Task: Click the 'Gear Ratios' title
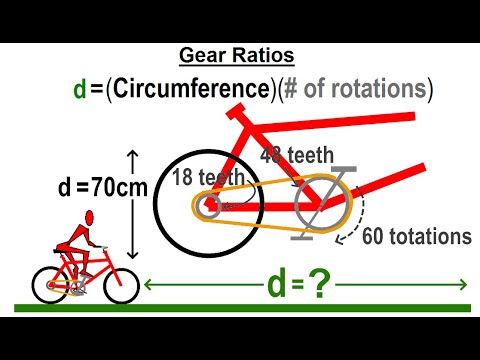point(238,57)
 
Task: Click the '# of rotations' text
point(357,89)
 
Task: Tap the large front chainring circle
point(321,205)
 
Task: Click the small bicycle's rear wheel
point(50,285)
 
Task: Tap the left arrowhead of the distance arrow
point(149,286)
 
